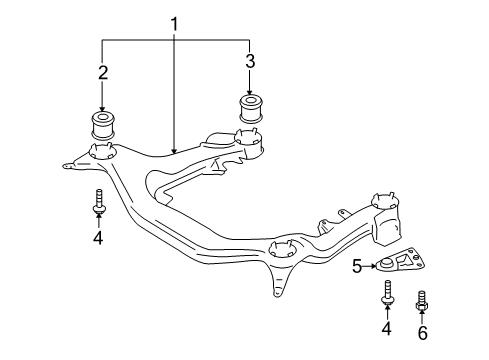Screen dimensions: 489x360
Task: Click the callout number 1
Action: [x=174, y=25]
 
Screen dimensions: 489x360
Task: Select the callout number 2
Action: [x=103, y=72]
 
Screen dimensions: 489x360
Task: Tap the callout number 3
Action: [x=250, y=61]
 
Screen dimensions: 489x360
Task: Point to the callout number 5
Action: [x=357, y=266]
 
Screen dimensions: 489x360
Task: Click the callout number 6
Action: [x=422, y=333]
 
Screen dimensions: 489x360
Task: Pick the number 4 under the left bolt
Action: [x=98, y=238]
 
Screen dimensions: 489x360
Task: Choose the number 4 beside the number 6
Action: [x=386, y=328]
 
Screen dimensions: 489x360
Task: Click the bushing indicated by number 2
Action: [x=103, y=126]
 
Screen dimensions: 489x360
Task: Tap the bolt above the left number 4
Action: [x=99, y=201]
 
